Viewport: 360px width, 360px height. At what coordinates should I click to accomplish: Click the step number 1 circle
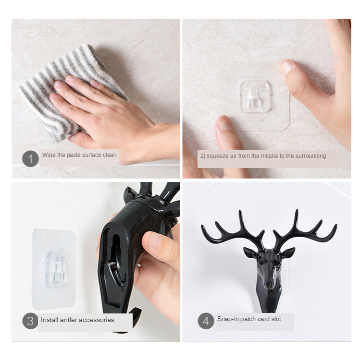click(30, 157)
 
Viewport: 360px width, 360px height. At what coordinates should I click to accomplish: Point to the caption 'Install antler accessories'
click(77, 320)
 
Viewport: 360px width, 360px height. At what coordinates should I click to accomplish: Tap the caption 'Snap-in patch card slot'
click(249, 319)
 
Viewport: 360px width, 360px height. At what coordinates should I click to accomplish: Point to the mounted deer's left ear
click(250, 252)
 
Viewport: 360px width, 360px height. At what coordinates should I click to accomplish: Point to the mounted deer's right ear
click(288, 252)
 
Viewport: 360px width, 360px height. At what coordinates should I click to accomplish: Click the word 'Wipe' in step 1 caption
click(49, 155)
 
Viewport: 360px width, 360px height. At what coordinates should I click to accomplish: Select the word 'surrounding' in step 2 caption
click(310, 156)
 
